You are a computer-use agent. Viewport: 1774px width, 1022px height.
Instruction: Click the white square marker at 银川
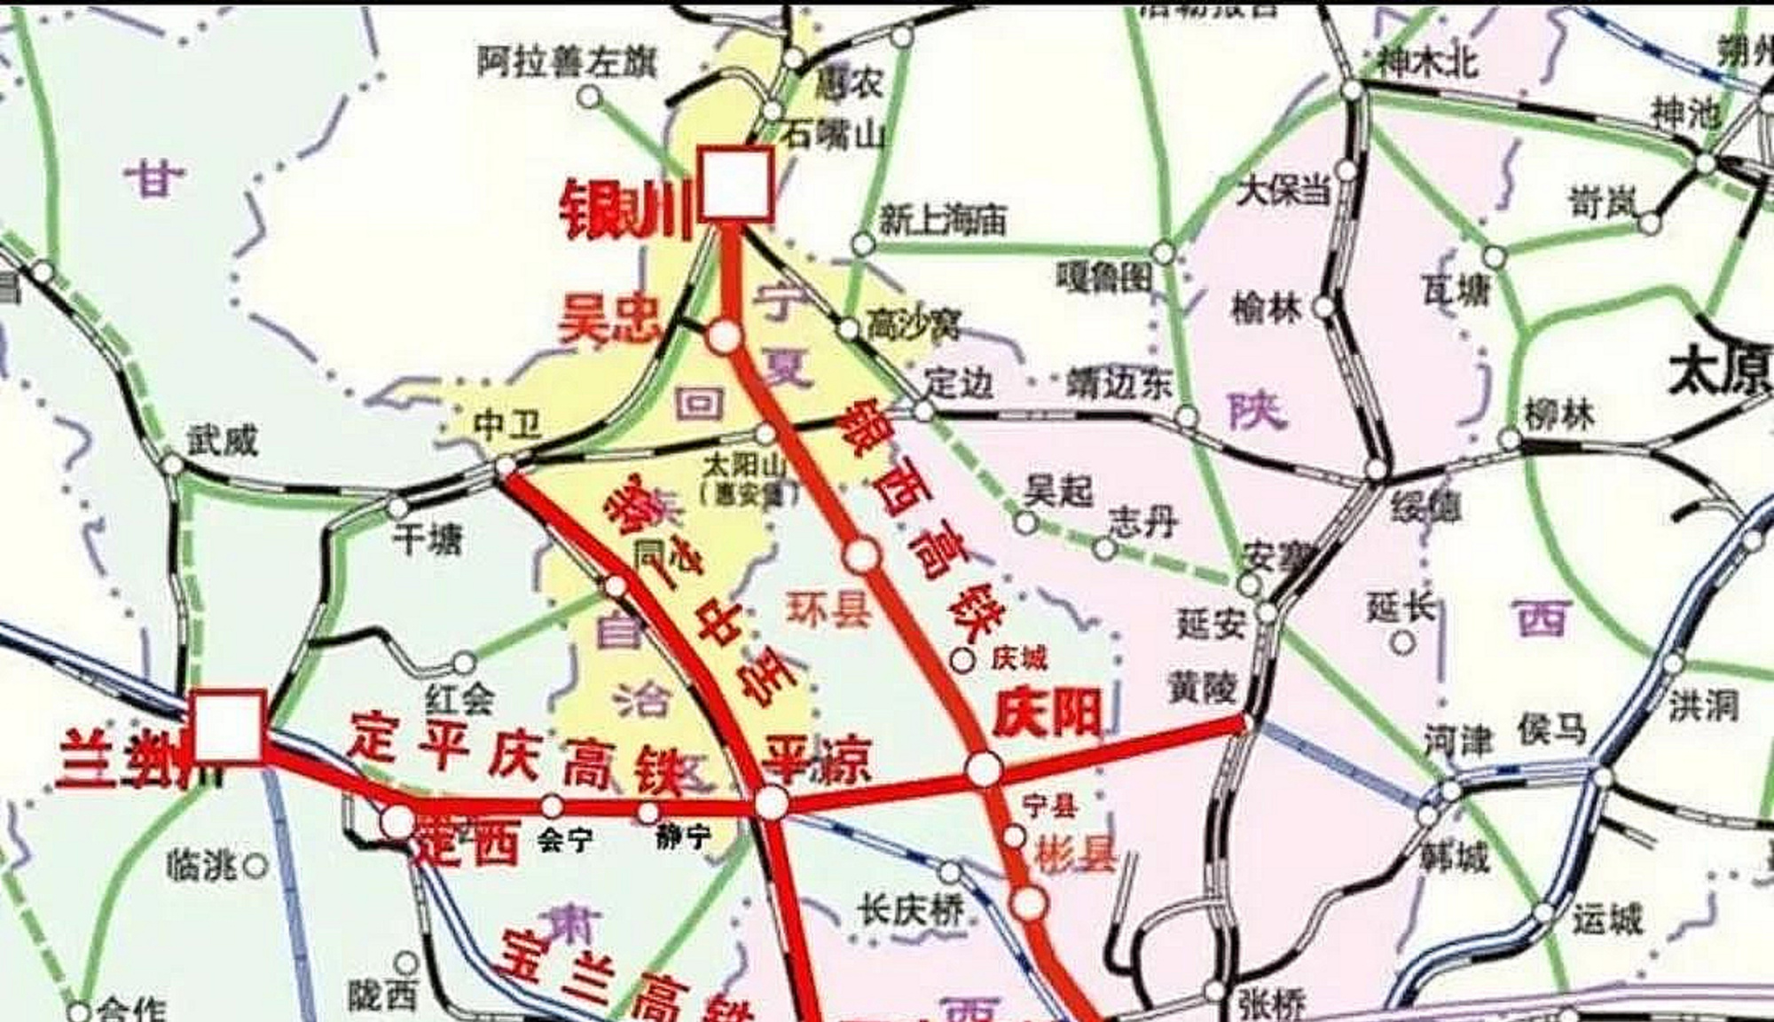[x=736, y=184]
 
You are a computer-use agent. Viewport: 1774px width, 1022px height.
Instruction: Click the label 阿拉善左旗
[x=568, y=62]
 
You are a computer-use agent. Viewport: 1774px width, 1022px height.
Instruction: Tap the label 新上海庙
[x=942, y=218]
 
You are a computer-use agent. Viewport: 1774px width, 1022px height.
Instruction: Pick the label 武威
[x=222, y=438]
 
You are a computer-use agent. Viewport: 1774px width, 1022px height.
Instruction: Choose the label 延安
[x=1212, y=623]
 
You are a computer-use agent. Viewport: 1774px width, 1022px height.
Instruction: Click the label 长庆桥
[x=910, y=909]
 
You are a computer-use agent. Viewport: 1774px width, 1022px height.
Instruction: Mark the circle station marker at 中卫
[x=506, y=466]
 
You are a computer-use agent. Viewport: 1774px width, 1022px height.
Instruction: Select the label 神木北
[x=1428, y=62]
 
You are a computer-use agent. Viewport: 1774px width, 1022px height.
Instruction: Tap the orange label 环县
[x=828, y=610]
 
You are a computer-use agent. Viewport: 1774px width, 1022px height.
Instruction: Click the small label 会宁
[x=565, y=839]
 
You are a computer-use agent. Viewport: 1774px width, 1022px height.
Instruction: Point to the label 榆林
[x=1267, y=308]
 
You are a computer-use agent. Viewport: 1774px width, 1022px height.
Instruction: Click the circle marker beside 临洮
[x=256, y=865]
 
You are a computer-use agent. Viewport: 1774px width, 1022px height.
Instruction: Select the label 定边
[x=958, y=383]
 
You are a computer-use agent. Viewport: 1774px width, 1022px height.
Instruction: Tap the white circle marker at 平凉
[x=771, y=803]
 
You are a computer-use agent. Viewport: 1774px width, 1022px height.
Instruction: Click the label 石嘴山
[x=834, y=135]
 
